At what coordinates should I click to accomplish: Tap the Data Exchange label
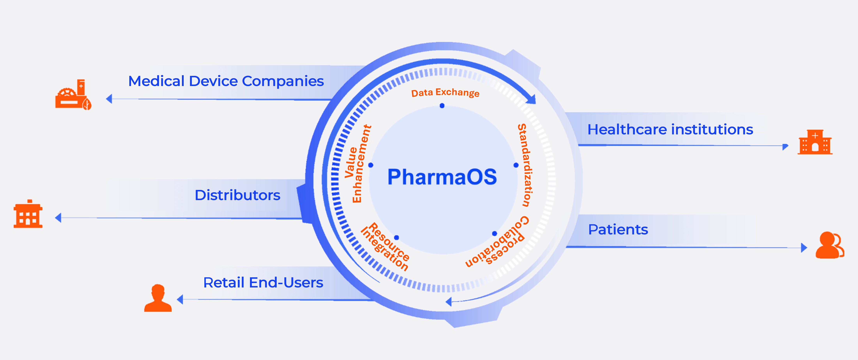[x=445, y=93]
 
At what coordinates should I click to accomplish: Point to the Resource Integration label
[x=385, y=247]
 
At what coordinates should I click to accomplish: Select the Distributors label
[x=238, y=195]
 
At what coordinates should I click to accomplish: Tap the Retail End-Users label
[x=263, y=282]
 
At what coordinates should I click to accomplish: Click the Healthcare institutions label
[x=670, y=129]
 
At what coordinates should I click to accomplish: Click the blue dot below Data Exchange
[x=442, y=106]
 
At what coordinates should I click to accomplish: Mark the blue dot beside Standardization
[x=516, y=165]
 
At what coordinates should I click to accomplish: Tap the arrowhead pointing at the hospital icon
[x=785, y=146]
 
